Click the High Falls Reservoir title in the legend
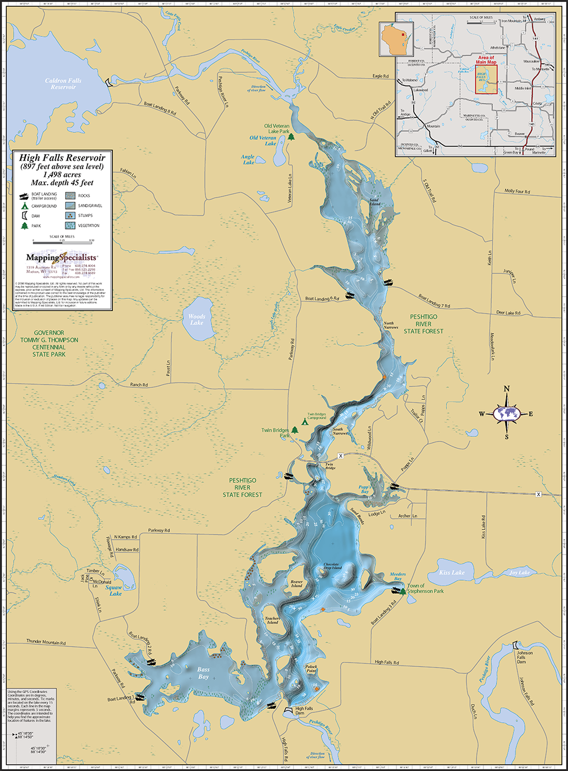coord(62,158)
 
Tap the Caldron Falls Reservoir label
coord(63,84)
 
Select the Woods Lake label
coord(197,319)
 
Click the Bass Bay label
coord(203,673)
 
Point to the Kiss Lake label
coord(452,573)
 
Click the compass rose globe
coord(507,413)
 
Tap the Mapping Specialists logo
coord(61,258)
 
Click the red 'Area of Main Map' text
coord(486,60)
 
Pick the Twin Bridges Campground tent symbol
coord(304,422)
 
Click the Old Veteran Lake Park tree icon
coord(291,136)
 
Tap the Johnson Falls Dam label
coord(525,657)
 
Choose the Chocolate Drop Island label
coord(332,566)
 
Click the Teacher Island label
coord(272,620)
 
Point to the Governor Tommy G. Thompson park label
coord(49,344)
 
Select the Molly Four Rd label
coord(517,191)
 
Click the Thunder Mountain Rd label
coord(46,642)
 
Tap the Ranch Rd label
coord(139,385)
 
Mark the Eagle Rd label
coord(381,76)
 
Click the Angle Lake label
coord(248,160)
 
